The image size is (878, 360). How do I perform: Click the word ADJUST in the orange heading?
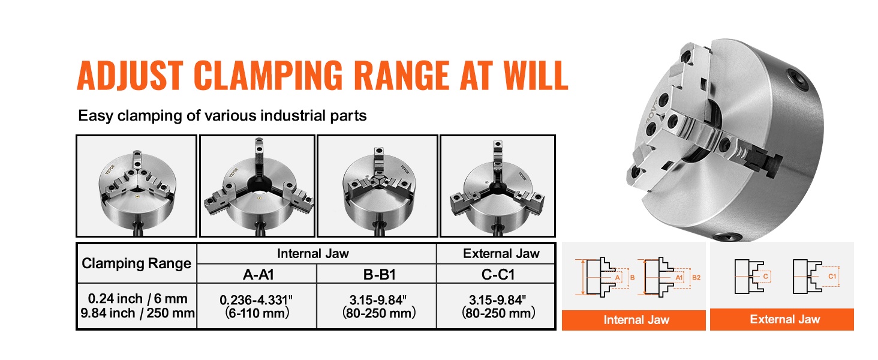click(x=130, y=75)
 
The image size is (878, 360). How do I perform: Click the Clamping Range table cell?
click(x=136, y=263)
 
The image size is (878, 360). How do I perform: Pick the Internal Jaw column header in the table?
click(x=313, y=254)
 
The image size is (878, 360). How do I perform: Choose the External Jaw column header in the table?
click(x=501, y=254)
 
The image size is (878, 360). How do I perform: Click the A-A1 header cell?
click(x=258, y=274)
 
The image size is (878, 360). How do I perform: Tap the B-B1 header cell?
click(x=379, y=274)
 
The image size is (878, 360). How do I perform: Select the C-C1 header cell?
click(x=498, y=274)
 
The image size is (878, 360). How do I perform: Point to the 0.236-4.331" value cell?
click(x=256, y=306)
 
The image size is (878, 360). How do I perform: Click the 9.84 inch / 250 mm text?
click(x=137, y=313)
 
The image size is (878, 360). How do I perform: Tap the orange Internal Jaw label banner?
click(x=634, y=320)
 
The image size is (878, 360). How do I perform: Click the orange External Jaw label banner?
click(x=782, y=319)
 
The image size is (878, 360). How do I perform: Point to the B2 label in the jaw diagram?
click(x=696, y=277)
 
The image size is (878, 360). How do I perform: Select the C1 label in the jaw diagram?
click(x=832, y=276)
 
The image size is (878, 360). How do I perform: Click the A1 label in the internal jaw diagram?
click(x=679, y=277)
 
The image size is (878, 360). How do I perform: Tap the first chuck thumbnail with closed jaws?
click(x=136, y=186)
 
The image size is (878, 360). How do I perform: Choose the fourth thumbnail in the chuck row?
click(x=498, y=186)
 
